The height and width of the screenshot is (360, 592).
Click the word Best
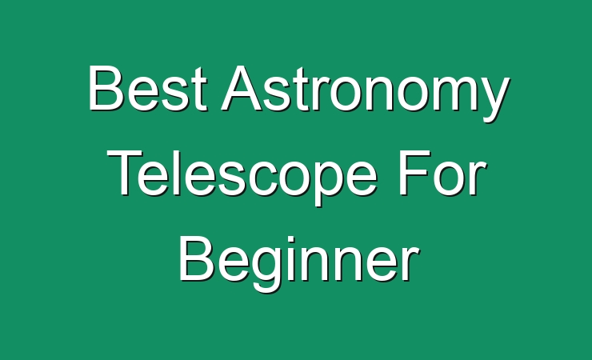tap(148, 88)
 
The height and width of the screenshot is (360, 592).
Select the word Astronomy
tap(365, 94)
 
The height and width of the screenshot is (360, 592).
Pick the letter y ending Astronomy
tap(491, 100)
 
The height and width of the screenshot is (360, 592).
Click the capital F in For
tap(416, 173)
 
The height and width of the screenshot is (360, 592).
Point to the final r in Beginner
tap(410, 263)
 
